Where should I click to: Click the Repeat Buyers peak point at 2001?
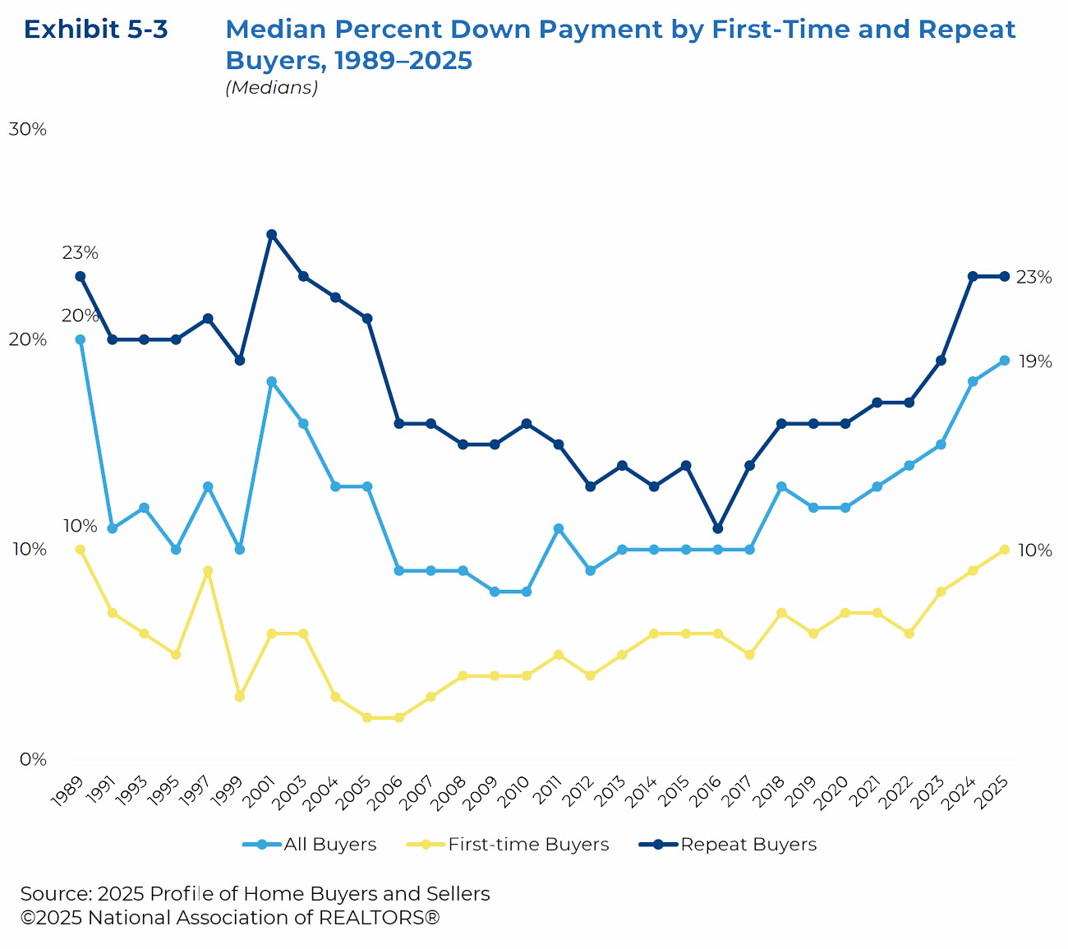point(271,234)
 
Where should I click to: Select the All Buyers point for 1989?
point(81,339)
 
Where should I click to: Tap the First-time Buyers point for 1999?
point(240,697)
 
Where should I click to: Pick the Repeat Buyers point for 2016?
point(718,528)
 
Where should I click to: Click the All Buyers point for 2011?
point(559,528)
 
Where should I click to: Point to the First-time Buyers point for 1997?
point(208,571)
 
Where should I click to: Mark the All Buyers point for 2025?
point(1004,361)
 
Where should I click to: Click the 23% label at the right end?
point(1033,278)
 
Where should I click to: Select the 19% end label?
point(1033,362)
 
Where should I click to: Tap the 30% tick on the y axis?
point(27,130)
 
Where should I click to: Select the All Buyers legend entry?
point(329,845)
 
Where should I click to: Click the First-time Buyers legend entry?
point(528,845)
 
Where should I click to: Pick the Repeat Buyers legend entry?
point(748,845)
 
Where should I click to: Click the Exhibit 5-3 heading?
point(96,30)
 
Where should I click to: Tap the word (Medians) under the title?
point(271,88)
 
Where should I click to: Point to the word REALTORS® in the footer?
point(379,918)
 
